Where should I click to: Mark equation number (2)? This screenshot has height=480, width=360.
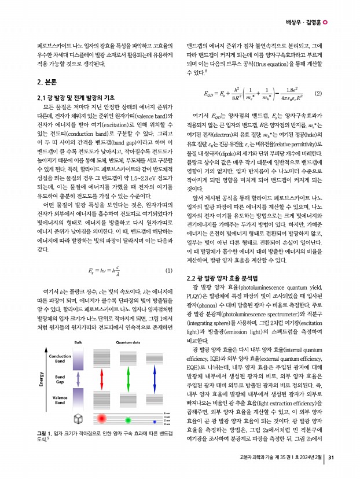317,93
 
